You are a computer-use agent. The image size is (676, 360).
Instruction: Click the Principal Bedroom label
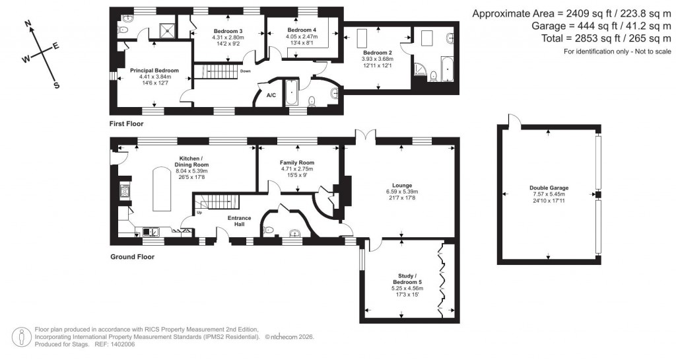(154, 70)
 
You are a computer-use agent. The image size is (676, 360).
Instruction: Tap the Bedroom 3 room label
(228, 32)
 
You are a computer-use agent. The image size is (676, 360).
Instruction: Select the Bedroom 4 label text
(302, 30)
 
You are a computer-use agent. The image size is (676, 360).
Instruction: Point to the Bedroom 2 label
(377, 52)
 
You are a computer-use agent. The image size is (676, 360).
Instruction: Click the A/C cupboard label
(271, 95)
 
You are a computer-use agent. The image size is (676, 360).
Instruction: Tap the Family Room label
(297, 162)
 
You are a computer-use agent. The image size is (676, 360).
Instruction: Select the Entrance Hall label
(239, 221)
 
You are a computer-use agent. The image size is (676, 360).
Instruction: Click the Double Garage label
(549, 188)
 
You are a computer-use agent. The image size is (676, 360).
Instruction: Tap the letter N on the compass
(28, 24)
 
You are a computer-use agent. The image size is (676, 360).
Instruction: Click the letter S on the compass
(56, 85)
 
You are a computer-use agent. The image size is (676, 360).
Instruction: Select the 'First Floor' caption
(127, 124)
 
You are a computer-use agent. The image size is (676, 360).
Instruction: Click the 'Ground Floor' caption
(132, 257)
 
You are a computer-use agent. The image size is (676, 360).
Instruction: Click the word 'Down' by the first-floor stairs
(246, 71)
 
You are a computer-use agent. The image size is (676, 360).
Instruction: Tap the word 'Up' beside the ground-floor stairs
(199, 213)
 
